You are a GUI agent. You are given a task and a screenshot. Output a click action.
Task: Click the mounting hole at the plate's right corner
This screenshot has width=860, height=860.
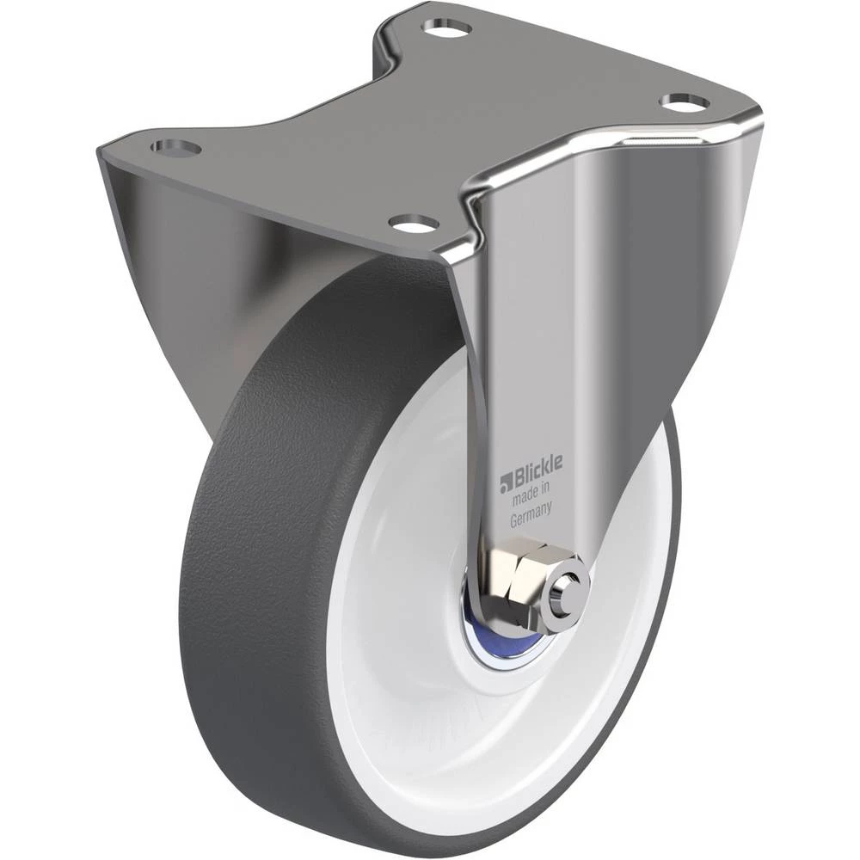(x=685, y=101)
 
